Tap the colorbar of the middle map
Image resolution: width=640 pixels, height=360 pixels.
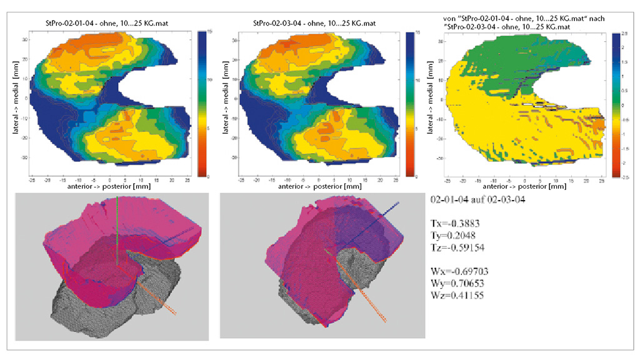coord(410,104)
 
